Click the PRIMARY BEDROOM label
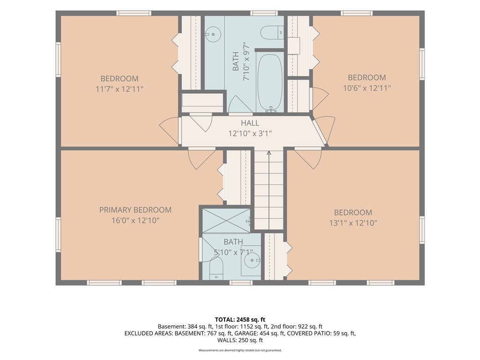tap(135, 210)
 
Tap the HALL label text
tap(250, 123)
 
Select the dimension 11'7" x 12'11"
tap(120, 89)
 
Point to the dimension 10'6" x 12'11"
tap(367, 88)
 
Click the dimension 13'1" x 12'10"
tap(353, 223)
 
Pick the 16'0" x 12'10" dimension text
tap(135, 220)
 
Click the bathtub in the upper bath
tap(270, 82)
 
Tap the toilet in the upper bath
tap(272, 33)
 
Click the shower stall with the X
tap(226, 220)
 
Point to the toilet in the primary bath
tap(217, 269)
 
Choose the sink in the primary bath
tap(252, 260)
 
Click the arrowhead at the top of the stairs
tap(269, 152)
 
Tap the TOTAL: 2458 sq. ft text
tap(240, 320)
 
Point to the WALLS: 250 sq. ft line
tap(240, 340)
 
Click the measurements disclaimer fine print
tap(240, 350)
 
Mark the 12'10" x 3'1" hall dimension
tap(250, 134)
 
